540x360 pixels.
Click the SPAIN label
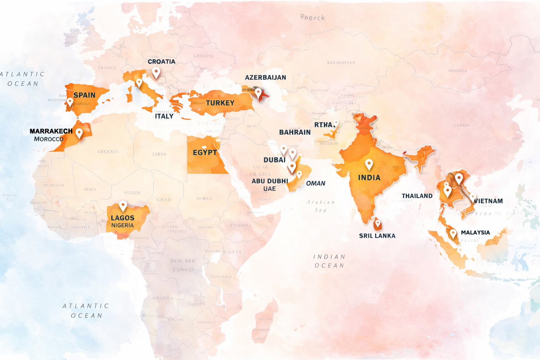click(84, 95)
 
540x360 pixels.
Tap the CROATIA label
click(161, 62)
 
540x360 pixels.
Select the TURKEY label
click(220, 103)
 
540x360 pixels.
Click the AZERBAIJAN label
click(265, 77)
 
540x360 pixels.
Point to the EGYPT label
click(205, 153)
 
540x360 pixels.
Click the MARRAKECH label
click(51, 131)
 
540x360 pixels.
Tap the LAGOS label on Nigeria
click(122, 218)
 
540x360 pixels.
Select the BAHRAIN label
click(295, 132)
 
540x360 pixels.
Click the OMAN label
click(315, 183)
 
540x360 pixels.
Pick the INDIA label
click(369, 178)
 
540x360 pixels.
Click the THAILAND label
click(417, 196)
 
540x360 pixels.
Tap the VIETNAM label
click(488, 201)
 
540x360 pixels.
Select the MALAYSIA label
click(475, 232)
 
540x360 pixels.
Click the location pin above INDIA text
click(369, 164)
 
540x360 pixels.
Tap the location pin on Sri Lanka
click(378, 223)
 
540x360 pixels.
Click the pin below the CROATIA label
click(156, 72)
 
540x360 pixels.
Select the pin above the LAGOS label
click(123, 205)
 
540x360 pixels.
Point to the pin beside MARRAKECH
click(79, 133)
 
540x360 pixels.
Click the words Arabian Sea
click(320, 206)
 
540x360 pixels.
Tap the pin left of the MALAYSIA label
click(453, 233)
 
